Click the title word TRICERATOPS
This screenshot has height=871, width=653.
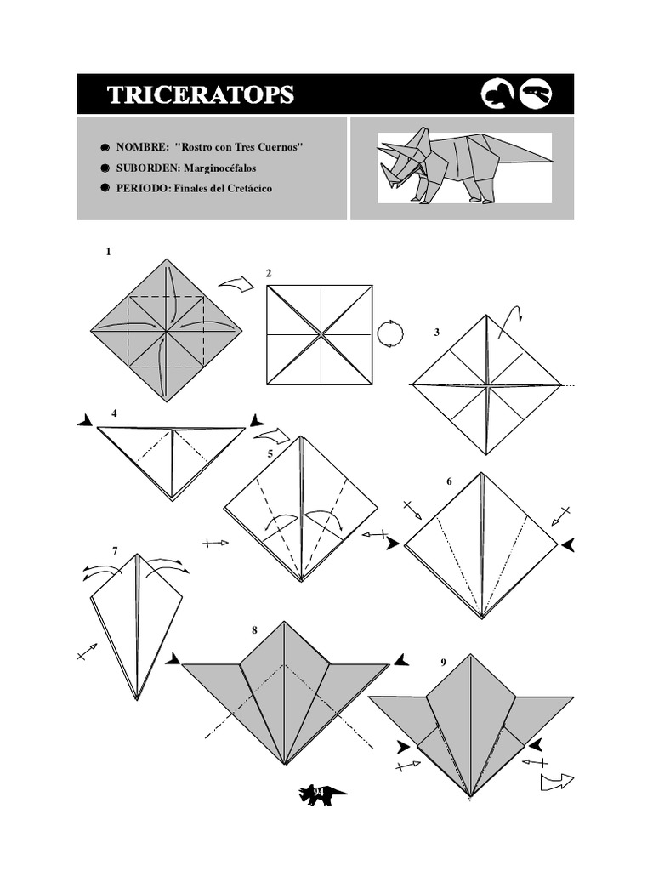point(201,94)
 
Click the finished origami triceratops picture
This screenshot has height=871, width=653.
point(463,167)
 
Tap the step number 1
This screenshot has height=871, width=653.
point(108,252)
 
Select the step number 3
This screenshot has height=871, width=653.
point(437,333)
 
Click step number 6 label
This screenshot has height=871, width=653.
point(449,482)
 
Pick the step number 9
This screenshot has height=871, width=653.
point(443,662)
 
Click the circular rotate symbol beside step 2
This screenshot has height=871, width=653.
point(389,333)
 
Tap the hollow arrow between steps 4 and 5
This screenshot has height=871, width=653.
point(272,437)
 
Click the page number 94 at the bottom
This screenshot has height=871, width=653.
point(320,794)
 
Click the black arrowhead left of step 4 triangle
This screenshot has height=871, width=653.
point(86,421)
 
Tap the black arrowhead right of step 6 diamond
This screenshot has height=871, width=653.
point(568,544)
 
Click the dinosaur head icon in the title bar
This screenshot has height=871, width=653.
point(537,94)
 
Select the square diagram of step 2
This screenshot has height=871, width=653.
point(320,333)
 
